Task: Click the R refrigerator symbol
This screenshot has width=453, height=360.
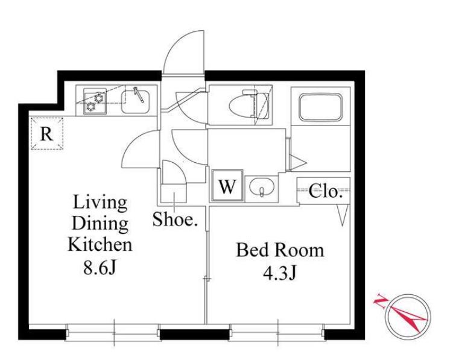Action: click(x=47, y=133)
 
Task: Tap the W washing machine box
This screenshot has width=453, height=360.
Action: click(x=227, y=186)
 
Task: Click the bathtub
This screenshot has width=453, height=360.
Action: click(x=321, y=107)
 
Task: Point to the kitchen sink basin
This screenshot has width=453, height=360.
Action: click(x=135, y=101)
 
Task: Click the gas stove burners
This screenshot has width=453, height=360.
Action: click(x=95, y=102)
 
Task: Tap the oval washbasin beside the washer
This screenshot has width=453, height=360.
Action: click(x=262, y=187)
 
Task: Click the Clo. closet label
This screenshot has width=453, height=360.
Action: click(x=326, y=191)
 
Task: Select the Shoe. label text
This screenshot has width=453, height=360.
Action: click(x=175, y=219)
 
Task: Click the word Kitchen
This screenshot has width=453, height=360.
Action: click(x=100, y=244)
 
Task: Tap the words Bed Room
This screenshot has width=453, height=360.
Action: click(x=280, y=250)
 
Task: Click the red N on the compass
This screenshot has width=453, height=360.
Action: click(x=380, y=302)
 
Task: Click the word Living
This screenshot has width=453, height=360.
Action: click(x=100, y=203)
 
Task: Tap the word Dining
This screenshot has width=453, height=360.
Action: click(x=100, y=223)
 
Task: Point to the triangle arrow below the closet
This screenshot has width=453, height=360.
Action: click(x=343, y=215)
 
